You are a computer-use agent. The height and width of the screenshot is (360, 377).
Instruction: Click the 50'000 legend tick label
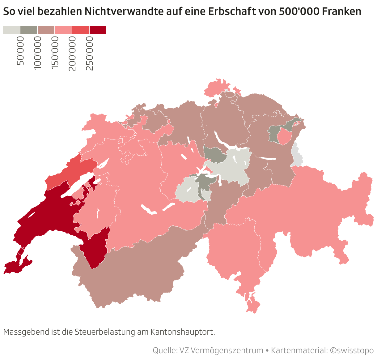tap(20, 51)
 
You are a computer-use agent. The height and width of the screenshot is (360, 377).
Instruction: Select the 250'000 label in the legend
tap(90, 53)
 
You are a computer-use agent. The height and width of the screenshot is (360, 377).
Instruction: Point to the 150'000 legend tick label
tap(55, 53)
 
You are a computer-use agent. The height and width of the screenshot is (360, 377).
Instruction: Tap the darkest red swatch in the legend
tap(98, 30)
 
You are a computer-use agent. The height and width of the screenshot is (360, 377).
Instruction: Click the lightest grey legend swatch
tap(11, 30)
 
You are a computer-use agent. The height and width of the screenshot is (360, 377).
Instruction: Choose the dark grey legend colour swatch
tap(29, 30)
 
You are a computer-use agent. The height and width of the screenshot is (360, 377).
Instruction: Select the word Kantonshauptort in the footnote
tap(182, 332)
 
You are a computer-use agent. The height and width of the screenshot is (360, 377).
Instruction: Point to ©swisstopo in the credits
tap(352, 351)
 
